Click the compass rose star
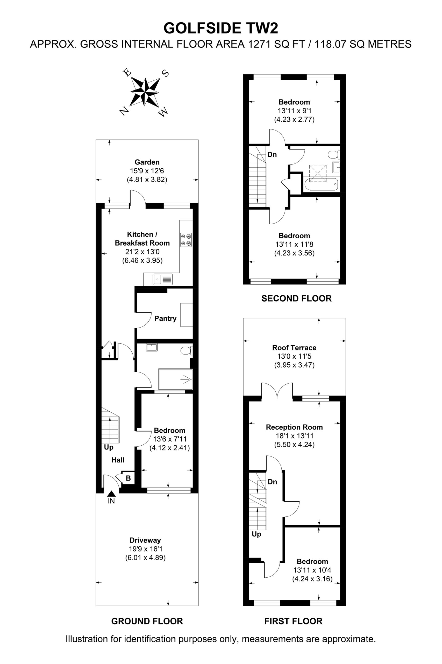coord(145,92)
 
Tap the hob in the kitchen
coord(186,240)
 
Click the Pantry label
coord(165,318)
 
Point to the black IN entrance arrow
coord(111,494)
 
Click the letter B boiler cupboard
coord(128,478)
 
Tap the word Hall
coord(118,460)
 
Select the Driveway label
coord(145,540)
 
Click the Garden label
coord(147,162)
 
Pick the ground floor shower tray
coord(175,379)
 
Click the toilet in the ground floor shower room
coord(186,350)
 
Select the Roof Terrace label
coord(294,348)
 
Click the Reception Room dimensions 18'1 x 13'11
coord(294,436)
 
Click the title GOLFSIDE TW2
coord(221,28)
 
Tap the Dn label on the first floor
coord(272,482)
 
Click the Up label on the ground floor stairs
coord(109,447)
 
